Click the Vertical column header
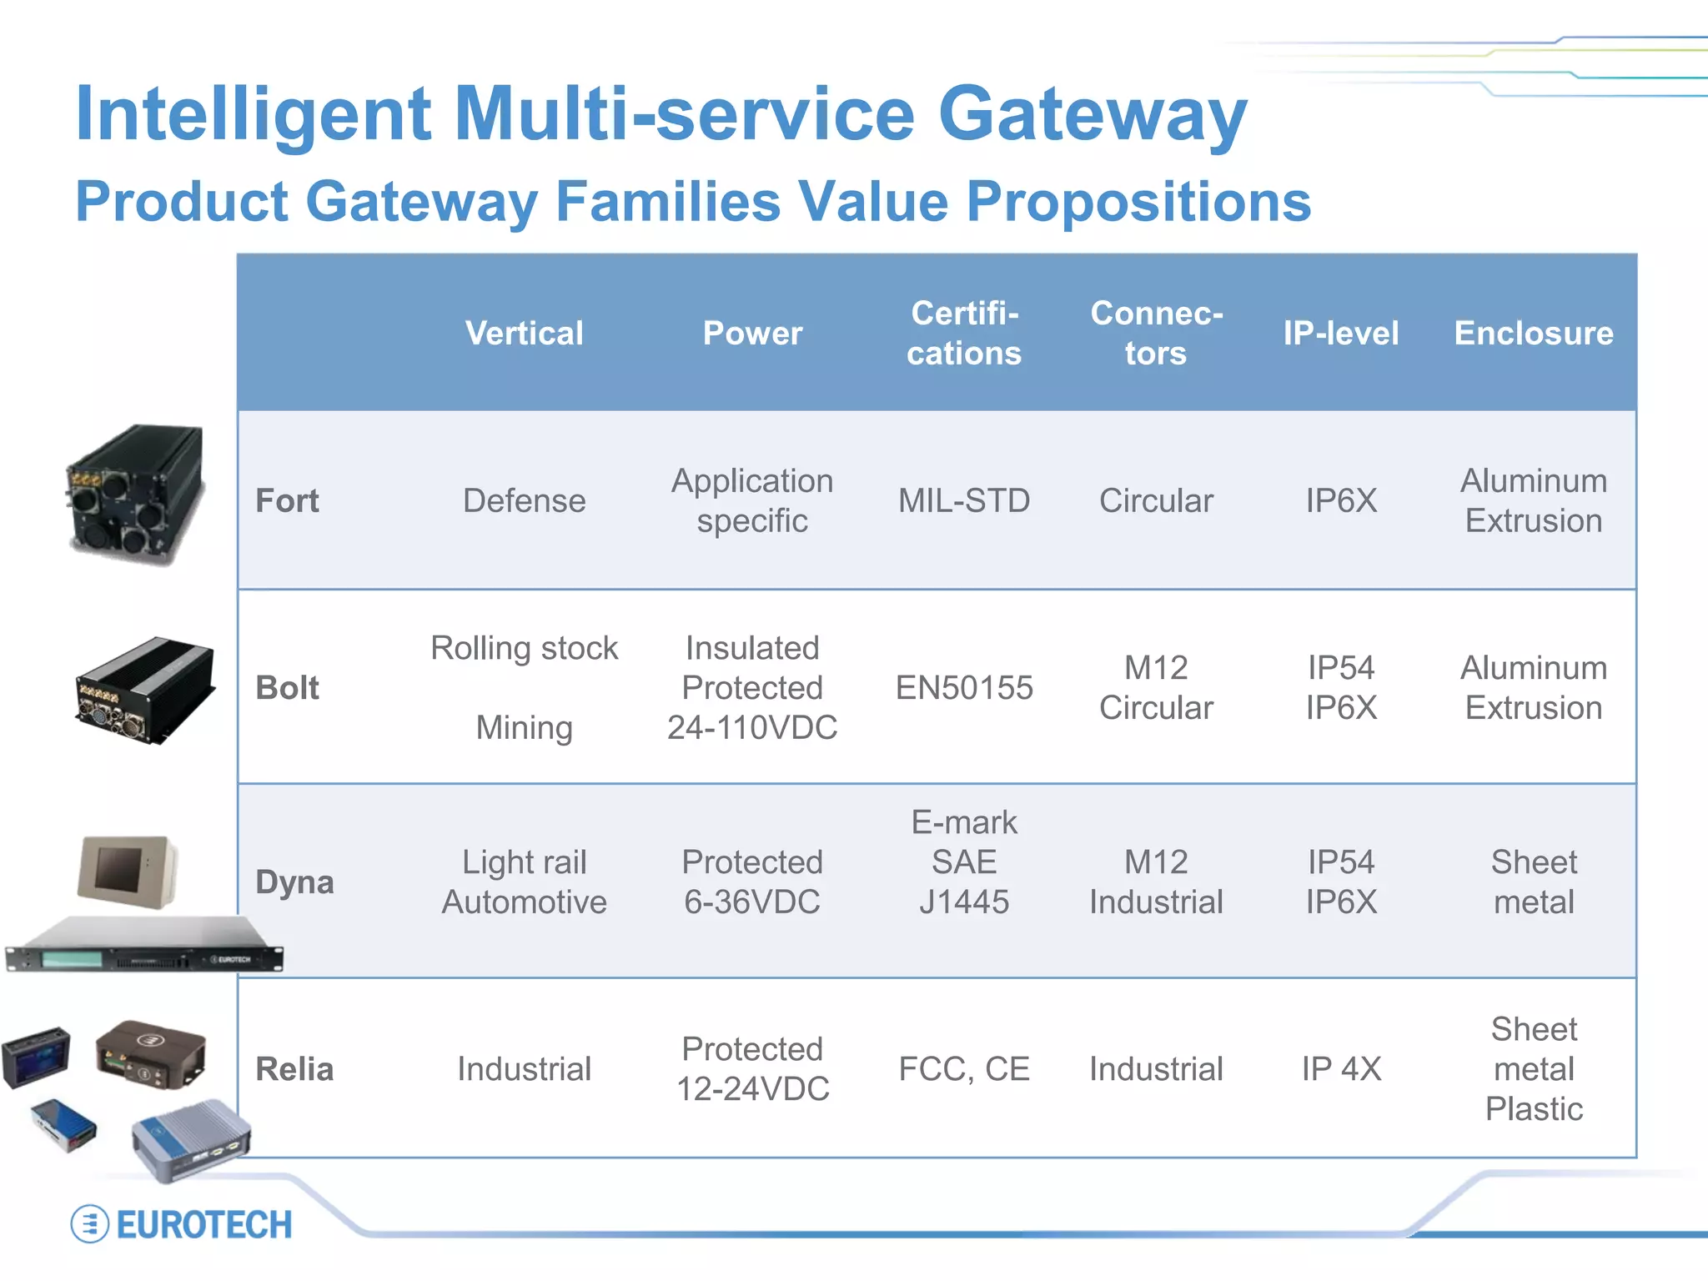coord(524,333)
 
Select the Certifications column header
coord(964,333)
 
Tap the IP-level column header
coord(1340,333)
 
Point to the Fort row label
coord(287,500)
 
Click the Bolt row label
coord(287,687)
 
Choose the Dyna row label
coord(294,882)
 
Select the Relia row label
coord(294,1068)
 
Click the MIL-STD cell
coord(964,500)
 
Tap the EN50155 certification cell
coord(964,687)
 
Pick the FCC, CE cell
coord(964,1068)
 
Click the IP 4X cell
coord(1341,1068)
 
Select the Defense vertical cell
coord(524,500)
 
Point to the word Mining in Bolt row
coord(524,727)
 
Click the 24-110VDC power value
coord(752,727)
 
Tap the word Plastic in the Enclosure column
coord(1534,1108)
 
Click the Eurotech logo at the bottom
coord(182,1224)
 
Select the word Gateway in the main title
coord(1093,115)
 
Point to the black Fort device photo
coord(136,495)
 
